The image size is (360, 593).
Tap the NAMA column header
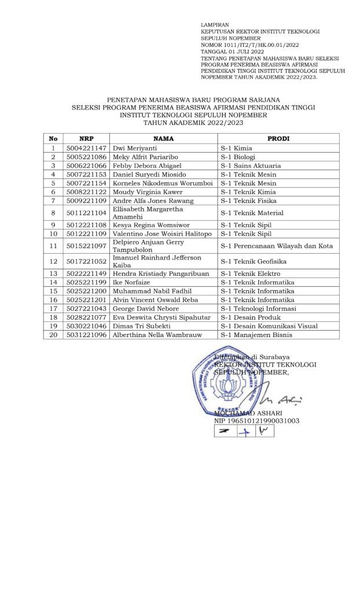162,138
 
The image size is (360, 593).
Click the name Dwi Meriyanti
134,148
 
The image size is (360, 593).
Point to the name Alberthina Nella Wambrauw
154,334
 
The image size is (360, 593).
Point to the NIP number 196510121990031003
256,421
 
